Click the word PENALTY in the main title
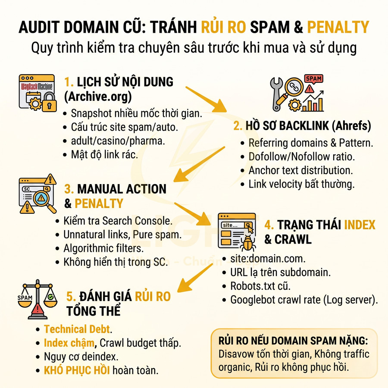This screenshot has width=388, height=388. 338,27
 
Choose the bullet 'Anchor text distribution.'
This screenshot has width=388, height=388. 300,170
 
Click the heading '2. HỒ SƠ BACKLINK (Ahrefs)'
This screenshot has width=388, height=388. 301,126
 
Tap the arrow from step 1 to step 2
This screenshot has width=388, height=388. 207,99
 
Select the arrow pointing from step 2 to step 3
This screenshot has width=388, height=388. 198,164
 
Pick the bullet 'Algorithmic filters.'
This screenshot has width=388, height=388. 103,248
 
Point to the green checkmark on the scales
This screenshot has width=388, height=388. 51,297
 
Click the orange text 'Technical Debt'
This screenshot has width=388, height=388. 77,329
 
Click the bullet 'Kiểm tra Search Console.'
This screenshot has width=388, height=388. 118,221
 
